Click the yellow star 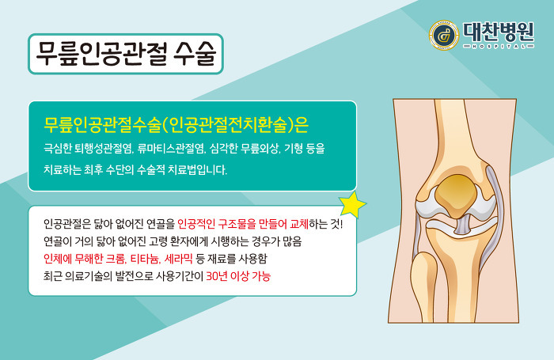pyautogui.click(x=352, y=205)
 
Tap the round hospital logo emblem pyautogui.click(x=444, y=35)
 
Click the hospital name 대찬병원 pyautogui.click(x=499, y=32)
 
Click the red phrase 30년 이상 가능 pyautogui.click(x=238, y=276)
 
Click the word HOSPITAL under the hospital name pyautogui.click(x=499, y=46)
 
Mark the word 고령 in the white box pyautogui.click(x=157, y=241)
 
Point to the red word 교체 pyautogui.click(x=299, y=224)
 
